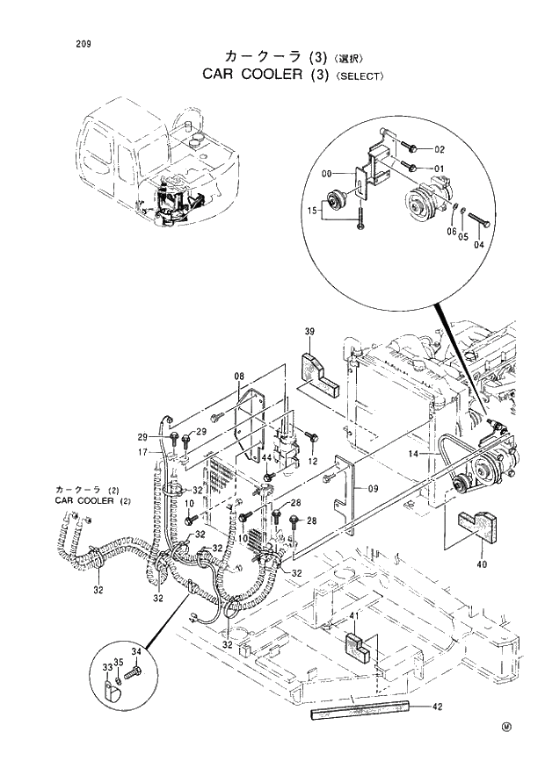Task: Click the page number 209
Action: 84,42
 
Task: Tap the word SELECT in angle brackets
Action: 359,76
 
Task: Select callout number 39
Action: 309,331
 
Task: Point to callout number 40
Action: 481,564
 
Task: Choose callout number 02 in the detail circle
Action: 439,149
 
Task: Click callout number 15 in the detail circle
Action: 313,211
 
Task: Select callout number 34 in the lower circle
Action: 135,651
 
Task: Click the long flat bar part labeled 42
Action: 360,711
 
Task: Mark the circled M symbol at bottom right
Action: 506,727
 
